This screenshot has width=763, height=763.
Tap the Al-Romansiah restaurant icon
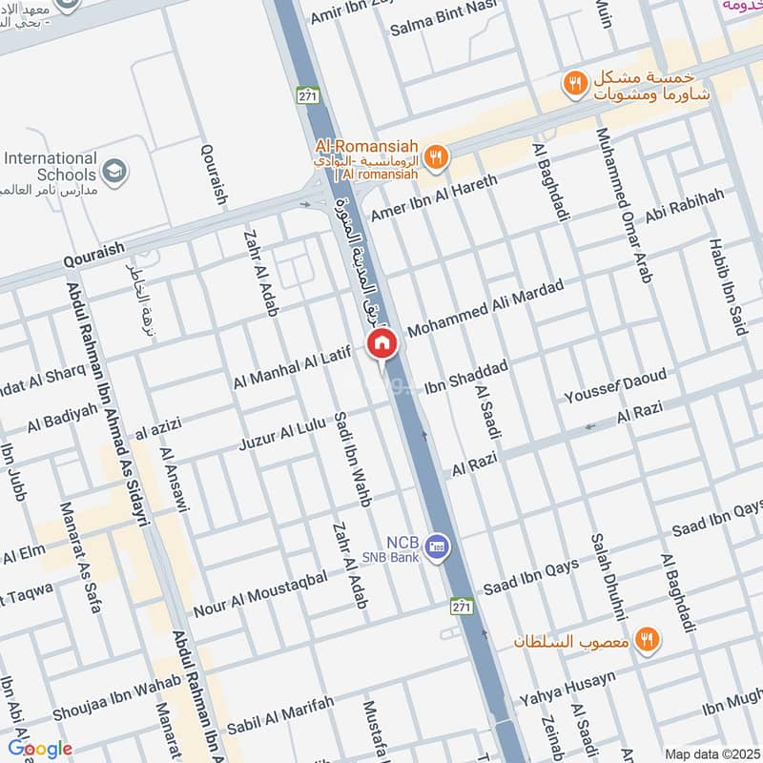[436, 157]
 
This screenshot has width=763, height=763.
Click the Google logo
[40, 749]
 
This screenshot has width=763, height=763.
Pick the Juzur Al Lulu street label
[283, 433]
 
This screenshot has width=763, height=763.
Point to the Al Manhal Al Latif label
[293, 369]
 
